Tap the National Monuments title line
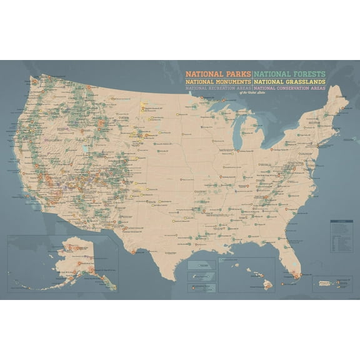[x=218, y=81]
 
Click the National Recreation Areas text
[x=218, y=89]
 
